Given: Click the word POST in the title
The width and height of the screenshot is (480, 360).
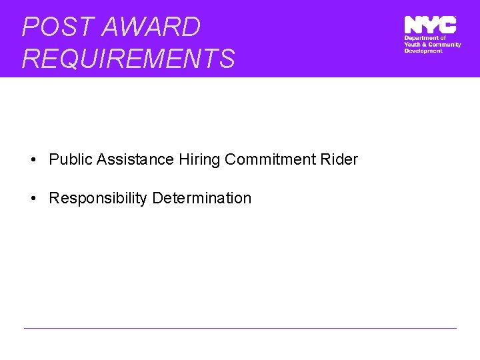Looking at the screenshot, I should click(x=49, y=27).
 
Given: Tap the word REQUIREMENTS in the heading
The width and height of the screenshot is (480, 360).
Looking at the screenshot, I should click(x=128, y=59).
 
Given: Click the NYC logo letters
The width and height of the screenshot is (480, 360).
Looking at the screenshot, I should click(x=430, y=25).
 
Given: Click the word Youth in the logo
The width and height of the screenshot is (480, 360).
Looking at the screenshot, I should click(x=413, y=45).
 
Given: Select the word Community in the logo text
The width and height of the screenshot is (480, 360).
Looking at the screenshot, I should click(x=445, y=45).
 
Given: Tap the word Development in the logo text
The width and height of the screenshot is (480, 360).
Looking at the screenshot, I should click(x=423, y=51).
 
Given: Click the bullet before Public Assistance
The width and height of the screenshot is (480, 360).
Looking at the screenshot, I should click(x=32, y=160).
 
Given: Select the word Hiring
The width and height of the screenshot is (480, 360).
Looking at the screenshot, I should click(x=200, y=160).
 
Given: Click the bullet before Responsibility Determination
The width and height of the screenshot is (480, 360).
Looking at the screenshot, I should click(x=32, y=199).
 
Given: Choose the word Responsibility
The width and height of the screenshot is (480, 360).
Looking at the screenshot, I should click(x=98, y=199).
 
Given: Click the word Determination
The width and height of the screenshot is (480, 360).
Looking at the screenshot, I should click(x=202, y=199).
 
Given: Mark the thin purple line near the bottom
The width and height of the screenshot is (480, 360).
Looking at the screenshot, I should click(x=240, y=328).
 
